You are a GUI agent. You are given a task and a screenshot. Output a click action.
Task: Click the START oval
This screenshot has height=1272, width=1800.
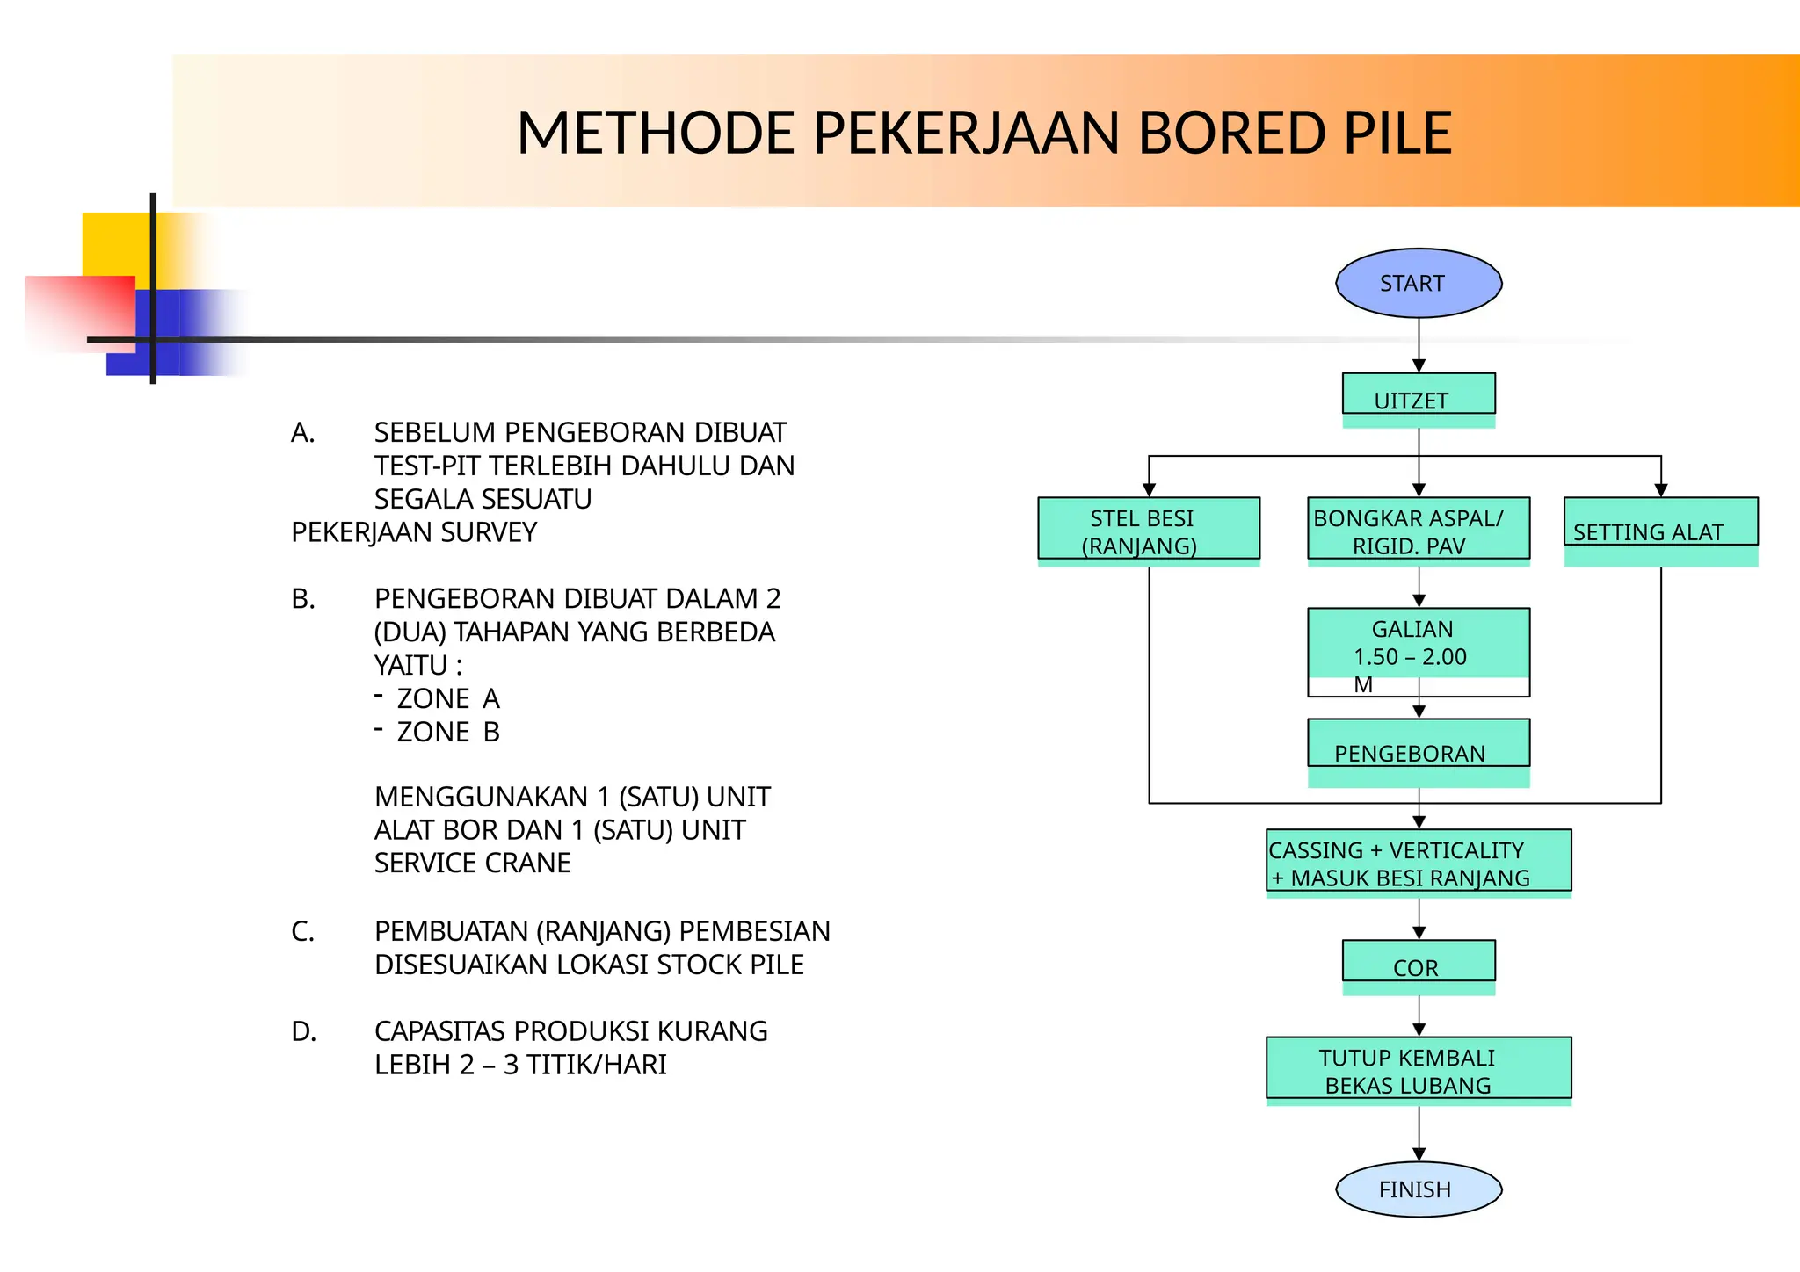tap(1418, 283)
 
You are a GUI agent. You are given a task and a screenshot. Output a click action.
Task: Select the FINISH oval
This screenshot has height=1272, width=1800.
tap(1418, 1189)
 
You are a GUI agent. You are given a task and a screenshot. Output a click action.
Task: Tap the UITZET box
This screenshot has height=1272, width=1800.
tap(1418, 395)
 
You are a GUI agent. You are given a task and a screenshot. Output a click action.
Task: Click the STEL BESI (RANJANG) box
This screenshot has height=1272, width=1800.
tap(1148, 529)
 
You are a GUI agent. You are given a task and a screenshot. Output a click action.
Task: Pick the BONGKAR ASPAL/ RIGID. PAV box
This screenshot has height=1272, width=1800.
tap(1418, 529)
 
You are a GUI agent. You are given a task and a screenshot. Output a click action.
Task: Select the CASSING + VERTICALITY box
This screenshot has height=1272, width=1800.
tap(1418, 861)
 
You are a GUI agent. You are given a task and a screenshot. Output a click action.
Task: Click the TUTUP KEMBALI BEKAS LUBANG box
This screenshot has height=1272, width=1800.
tap(1418, 1069)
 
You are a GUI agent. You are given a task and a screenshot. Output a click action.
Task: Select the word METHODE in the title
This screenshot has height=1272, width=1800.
tap(655, 134)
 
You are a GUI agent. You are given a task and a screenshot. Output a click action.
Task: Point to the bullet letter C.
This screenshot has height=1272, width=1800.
tap(302, 931)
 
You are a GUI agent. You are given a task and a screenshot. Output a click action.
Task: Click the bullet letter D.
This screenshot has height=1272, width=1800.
tap(303, 1031)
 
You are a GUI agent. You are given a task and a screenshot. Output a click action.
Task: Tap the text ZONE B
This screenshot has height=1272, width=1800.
tap(448, 732)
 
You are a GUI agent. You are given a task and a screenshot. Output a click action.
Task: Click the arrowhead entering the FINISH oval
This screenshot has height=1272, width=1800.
tap(1419, 1154)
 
